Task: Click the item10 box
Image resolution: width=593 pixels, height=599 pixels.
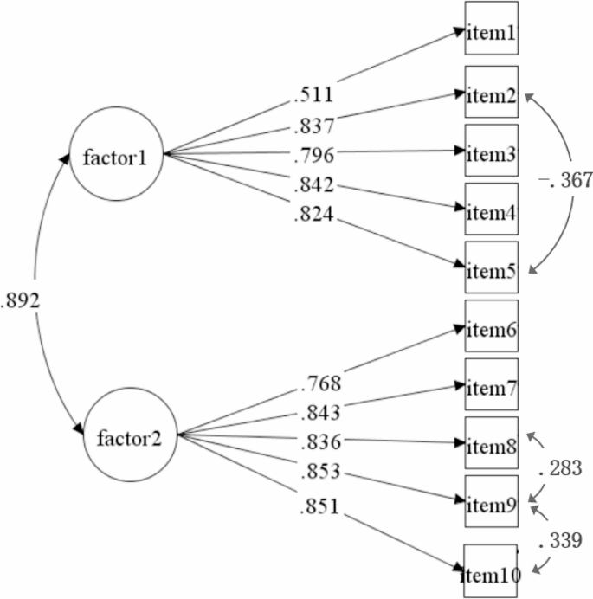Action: tap(490, 572)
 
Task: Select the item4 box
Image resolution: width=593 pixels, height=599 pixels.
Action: tap(492, 209)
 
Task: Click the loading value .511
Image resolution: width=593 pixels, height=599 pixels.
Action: tap(313, 93)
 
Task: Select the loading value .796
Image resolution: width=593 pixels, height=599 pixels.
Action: tap(313, 156)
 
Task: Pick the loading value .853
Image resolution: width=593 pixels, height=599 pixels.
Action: tap(323, 473)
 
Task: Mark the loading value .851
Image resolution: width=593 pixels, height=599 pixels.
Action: tap(323, 506)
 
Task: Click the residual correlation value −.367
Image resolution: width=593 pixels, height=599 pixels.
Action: tap(564, 181)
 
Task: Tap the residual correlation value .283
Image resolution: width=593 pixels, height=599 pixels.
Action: tap(560, 470)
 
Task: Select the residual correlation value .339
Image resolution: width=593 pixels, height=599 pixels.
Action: tap(560, 543)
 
